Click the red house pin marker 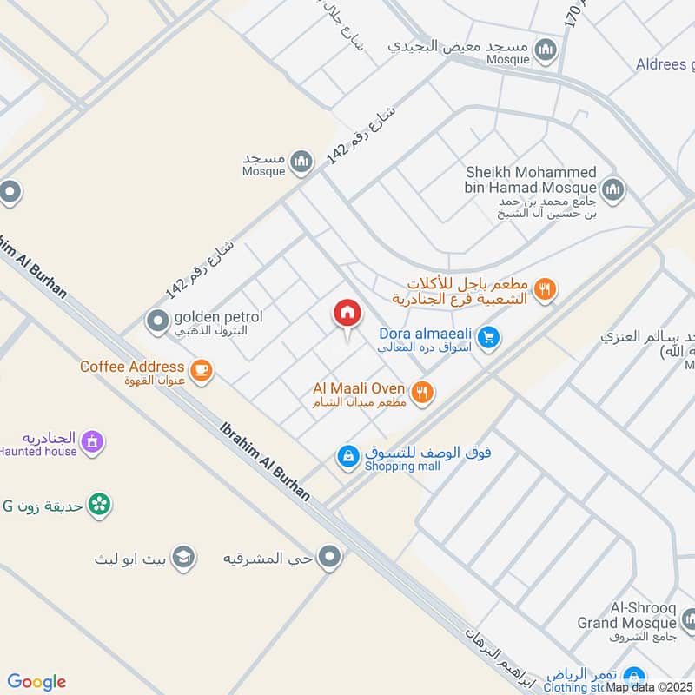tap(347, 314)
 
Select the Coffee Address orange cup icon tap(201, 371)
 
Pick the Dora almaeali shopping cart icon tap(488, 338)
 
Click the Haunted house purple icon tap(93, 442)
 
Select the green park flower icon tap(100, 505)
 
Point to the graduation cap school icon tap(182, 557)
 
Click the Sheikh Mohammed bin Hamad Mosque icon tap(613, 189)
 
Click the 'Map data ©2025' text tap(649, 687)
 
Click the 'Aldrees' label tap(665, 64)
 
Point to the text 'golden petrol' tap(217, 317)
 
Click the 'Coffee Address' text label tap(132, 367)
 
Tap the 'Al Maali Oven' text tap(359, 388)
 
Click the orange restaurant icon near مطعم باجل tap(545, 290)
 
